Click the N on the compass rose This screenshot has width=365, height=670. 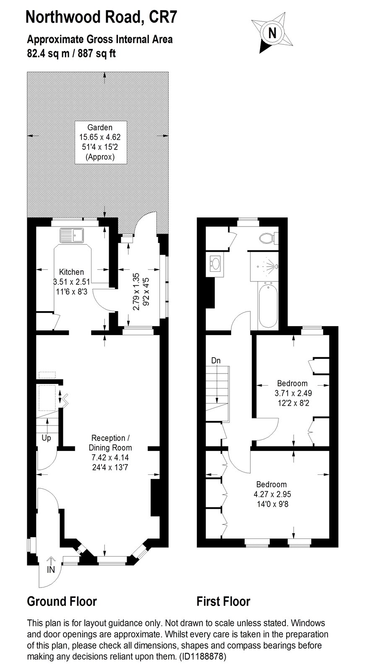272,33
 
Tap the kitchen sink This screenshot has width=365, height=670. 72,235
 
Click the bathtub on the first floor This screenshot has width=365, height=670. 268,306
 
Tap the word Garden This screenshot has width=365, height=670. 100,127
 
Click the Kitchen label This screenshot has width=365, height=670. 71,272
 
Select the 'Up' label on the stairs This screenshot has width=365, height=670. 46,438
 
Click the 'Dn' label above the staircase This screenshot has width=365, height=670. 216,361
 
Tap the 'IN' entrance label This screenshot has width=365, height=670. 51,570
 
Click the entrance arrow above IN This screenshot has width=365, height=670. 51,560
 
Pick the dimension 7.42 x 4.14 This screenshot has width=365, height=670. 110,457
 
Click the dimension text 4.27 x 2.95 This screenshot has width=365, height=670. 272,494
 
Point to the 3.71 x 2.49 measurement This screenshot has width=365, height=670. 293,393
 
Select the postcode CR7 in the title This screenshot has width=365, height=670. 163,17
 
